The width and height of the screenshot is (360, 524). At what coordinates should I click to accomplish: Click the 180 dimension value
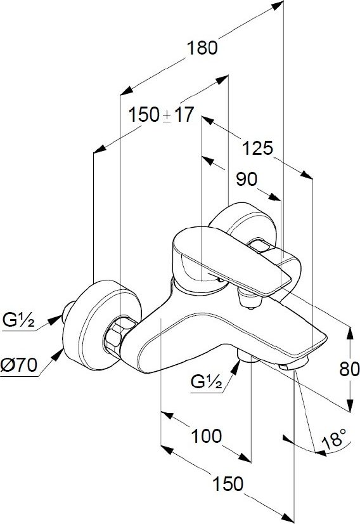point(202,48)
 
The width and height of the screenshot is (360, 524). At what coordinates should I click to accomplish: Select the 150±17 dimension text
point(161,115)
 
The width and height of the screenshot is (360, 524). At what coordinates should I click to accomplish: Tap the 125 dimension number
point(257,148)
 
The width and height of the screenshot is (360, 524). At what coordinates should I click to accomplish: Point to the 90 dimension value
point(247,179)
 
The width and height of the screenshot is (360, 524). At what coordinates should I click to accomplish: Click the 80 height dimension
point(349,369)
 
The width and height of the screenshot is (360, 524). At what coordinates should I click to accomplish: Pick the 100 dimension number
point(206,436)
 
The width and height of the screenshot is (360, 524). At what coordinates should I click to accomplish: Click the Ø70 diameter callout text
point(19,365)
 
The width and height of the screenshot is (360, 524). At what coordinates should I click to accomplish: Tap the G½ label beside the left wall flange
point(18,320)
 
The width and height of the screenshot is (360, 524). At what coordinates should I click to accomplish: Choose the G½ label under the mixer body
point(207,381)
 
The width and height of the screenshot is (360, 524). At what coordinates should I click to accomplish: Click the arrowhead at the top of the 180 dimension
point(278,5)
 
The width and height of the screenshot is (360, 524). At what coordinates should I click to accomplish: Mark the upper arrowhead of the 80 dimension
point(350,332)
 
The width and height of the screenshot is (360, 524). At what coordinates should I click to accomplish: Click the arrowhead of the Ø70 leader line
point(59,354)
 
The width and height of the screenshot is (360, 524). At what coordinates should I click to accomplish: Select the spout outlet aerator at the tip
point(294,364)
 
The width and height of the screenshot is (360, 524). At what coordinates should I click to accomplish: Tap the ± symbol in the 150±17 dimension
point(167,116)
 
